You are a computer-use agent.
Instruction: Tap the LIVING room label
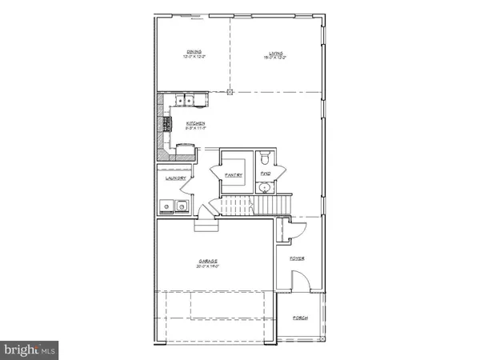pos(275,52)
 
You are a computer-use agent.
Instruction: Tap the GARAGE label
pos(210,262)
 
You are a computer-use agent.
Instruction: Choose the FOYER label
pos(298,258)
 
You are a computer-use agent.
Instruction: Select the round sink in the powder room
pos(265,188)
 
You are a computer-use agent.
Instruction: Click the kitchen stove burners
pos(167,123)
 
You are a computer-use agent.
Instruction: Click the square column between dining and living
pos(230,92)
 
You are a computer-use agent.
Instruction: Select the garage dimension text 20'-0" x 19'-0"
pos(209,267)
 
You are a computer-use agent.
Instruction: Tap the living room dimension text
pos(275,58)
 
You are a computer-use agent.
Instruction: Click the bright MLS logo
pos(30,348)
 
